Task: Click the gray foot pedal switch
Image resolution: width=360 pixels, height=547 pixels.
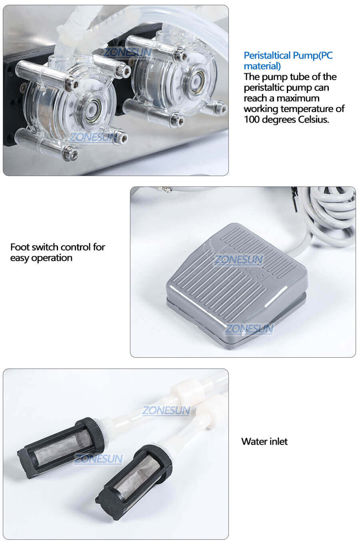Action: click(236, 280)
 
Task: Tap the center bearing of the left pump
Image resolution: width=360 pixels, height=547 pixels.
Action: click(90, 108)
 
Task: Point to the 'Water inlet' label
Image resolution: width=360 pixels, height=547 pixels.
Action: click(264, 441)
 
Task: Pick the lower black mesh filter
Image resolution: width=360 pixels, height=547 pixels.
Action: click(134, 479)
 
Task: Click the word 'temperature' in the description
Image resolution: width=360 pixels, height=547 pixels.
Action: click(307, 109)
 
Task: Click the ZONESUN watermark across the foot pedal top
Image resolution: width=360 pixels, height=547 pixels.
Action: click(238, 260)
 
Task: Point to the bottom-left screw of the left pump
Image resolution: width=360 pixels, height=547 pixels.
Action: click(70, 152)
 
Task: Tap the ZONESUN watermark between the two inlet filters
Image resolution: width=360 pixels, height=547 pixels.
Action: click(166, 410)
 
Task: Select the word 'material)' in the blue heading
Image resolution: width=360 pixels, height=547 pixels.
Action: click(262, 66)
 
